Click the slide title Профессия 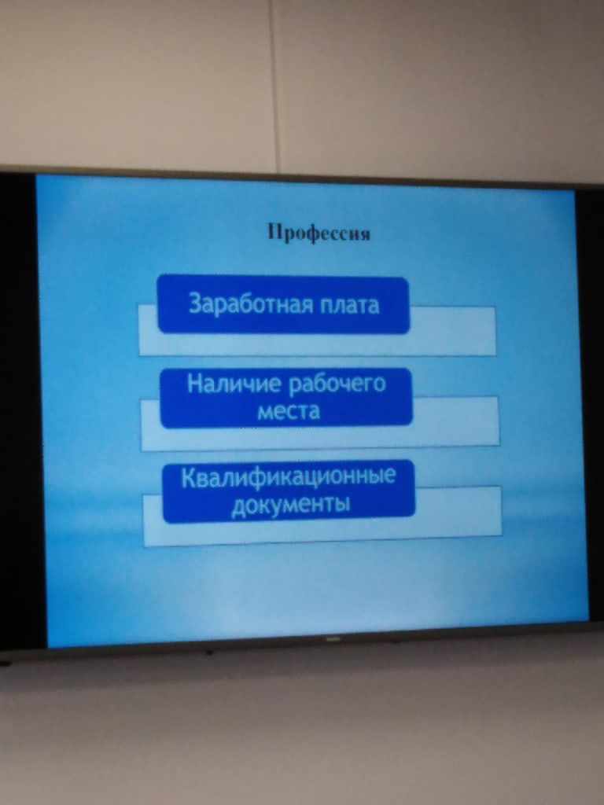click(x=319, y=233)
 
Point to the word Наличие click(x=234, y=384)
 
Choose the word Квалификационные click(x=288, y=476)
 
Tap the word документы click(x=291, y=504)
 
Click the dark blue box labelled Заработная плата click(x=283, y=305)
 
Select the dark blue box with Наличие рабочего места click(x=286, y=397)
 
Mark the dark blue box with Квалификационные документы click(x=289, y=491)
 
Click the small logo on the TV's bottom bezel click(x=330, y=639)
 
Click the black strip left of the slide click(x=21, y=410)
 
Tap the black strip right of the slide click(x=591, y=406)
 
